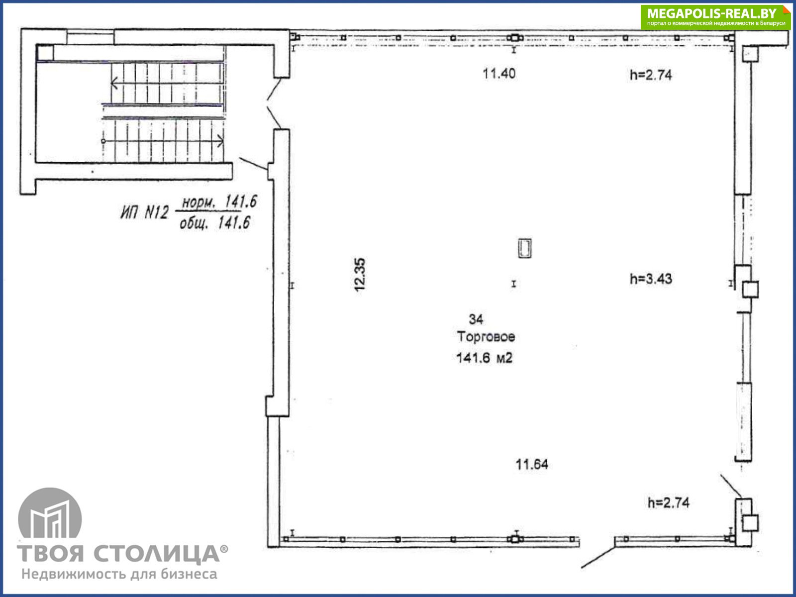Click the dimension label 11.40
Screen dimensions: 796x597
(499, 74)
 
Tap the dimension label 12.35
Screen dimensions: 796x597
(360, 275)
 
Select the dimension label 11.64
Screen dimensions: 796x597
(532, 464)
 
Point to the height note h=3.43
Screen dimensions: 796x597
(651, 279)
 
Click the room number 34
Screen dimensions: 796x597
(476, 319)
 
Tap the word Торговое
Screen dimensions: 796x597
(486, 337)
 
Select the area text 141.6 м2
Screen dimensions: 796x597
(485, 358)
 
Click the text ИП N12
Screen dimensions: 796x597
(145, 212)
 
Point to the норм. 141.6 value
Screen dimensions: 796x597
(219, 201)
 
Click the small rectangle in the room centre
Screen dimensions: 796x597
(525, 248)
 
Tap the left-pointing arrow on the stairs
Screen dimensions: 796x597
(167, 84)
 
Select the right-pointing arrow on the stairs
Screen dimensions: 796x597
(163, 141)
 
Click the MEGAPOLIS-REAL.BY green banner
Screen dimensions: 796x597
(715, 17)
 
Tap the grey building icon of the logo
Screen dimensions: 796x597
(50, 513)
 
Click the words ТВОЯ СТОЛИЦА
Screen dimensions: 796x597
(118, 554)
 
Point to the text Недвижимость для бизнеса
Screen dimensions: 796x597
(119, 574)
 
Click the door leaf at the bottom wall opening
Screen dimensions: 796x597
(598, 557)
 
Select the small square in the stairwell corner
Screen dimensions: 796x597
(45, 53)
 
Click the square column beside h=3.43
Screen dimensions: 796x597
(750, 290)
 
